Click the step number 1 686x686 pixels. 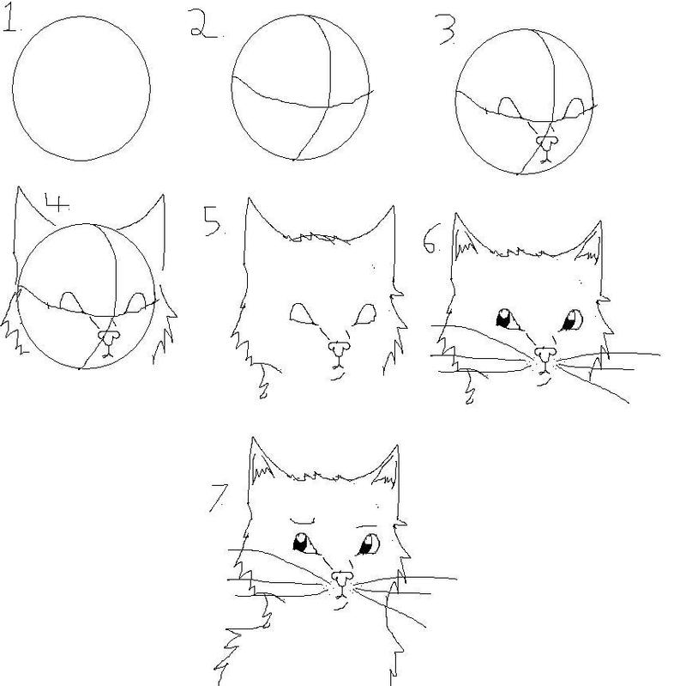click(9, 20)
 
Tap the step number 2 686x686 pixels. click(203, 24)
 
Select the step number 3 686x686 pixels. click(447, 30)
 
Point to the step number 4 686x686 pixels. click(57, 203)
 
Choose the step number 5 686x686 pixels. click(213, 222)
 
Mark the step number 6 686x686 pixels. click(430, 240)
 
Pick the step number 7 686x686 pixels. click(219, 498)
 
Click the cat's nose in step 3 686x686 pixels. click(547, 141)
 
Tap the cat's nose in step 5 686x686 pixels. click(339, 348)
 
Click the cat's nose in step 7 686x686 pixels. click(342, 578)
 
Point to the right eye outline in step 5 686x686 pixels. click(365, 315)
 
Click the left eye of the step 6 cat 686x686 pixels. click(508, 319)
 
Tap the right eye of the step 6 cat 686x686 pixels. click(571, 320)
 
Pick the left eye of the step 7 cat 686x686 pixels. click(304, 543)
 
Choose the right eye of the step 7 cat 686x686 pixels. click(369, 544)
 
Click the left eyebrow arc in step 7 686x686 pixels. click(303, 522)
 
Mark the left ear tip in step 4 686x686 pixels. click(18, 187)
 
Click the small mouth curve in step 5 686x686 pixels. click(337, 377)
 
